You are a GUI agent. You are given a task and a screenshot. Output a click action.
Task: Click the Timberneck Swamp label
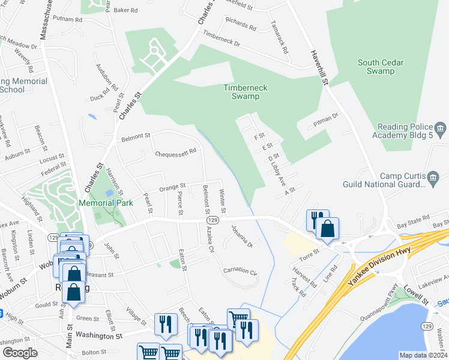pos(246,92)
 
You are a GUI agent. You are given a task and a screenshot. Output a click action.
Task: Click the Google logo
pos(19,353)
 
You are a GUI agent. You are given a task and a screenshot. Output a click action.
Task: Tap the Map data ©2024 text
pos(423,355)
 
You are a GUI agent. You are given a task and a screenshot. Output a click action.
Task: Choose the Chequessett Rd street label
pos(176,152)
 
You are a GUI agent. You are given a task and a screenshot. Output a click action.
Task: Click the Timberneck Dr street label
pos(221,40)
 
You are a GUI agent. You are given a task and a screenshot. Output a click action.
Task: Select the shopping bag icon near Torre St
pos(327,229)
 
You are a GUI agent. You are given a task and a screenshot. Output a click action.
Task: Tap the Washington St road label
pos(99,337)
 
